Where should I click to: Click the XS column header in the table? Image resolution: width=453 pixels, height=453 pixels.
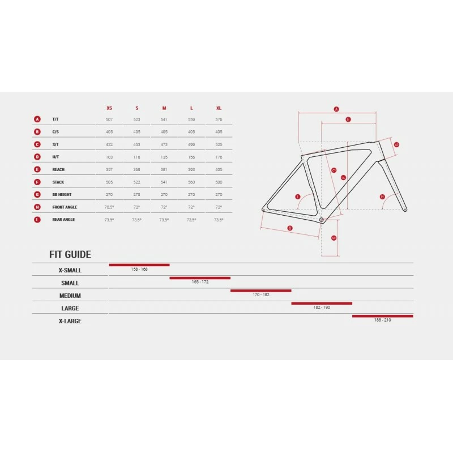click(x=109, y=108)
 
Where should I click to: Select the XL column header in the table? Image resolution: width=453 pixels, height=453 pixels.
click(x=219, y=108)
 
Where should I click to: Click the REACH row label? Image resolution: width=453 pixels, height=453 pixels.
click(x=58, y=169)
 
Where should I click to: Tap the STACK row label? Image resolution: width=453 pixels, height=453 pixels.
click(x=58, y=182)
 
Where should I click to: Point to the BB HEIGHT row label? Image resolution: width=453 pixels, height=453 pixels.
click(x=62, y=194)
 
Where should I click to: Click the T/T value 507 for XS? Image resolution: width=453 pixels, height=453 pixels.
click(x=109, y=119)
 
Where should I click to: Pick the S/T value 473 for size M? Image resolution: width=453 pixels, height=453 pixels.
click(x=164, y=144)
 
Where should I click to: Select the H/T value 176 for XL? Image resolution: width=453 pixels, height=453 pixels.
click(x=219, y=157)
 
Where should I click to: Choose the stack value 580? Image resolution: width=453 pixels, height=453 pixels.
click(x=219, y=182)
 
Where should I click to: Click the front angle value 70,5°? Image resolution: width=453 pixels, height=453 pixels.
click(x=109, y=207)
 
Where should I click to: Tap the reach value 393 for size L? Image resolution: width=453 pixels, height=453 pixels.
click(x=191, y=169)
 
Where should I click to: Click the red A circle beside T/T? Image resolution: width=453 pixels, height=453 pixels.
click(x=37, y=119)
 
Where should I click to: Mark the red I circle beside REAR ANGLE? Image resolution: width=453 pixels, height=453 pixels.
click(x=37, y=219)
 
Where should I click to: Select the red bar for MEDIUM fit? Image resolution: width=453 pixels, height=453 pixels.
click(x=260, y=290)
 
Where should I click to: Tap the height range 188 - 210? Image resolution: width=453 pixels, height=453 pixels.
click(x=382, y=320)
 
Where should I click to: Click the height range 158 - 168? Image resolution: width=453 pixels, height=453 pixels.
click(x=139, y=269)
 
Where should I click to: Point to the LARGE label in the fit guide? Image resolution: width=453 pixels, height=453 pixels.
click(x=70, y=308)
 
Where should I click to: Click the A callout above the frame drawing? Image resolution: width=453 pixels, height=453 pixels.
click(x=336, y=109)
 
